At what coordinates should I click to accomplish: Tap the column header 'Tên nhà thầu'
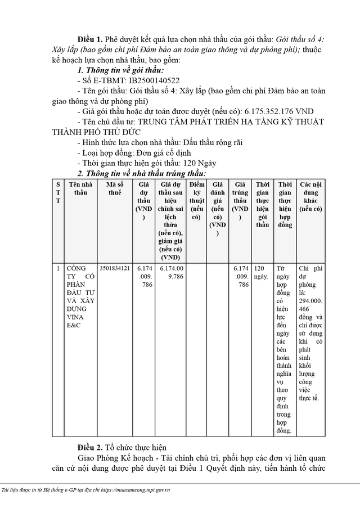79,188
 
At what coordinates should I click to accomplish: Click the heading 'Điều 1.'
91,39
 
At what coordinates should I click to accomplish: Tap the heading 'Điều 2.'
91,448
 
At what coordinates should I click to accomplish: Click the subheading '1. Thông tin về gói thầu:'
120,70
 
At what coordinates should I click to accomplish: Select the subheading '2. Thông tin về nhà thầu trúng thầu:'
141,173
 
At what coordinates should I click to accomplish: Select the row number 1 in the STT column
58,269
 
